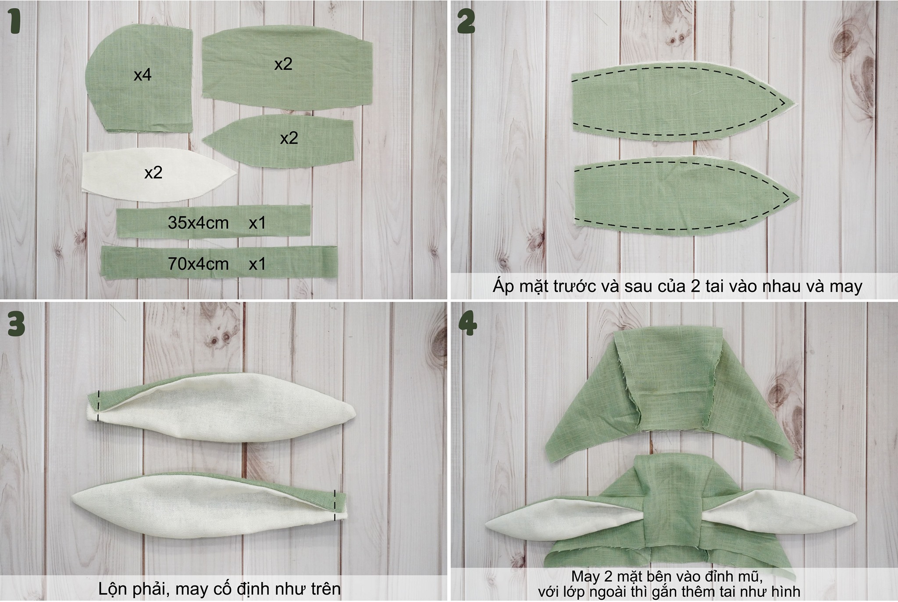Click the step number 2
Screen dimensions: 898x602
tap(466, 22)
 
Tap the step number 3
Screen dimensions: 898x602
tap(15, 324)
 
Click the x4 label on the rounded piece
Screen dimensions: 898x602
tap(143, 75)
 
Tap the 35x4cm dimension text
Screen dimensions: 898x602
tap(198, 223)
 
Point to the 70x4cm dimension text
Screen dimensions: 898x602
tap(198, 264)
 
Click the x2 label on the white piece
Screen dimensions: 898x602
tap(153, 172)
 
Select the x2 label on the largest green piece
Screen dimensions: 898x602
tap(283, 64)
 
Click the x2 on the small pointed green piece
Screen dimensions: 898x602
tap(289, 138)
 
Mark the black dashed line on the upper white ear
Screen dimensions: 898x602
tap(99, 405)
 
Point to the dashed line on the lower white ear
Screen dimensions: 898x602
tap(335, 505)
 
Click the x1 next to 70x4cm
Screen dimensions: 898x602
tap(257, 264)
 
